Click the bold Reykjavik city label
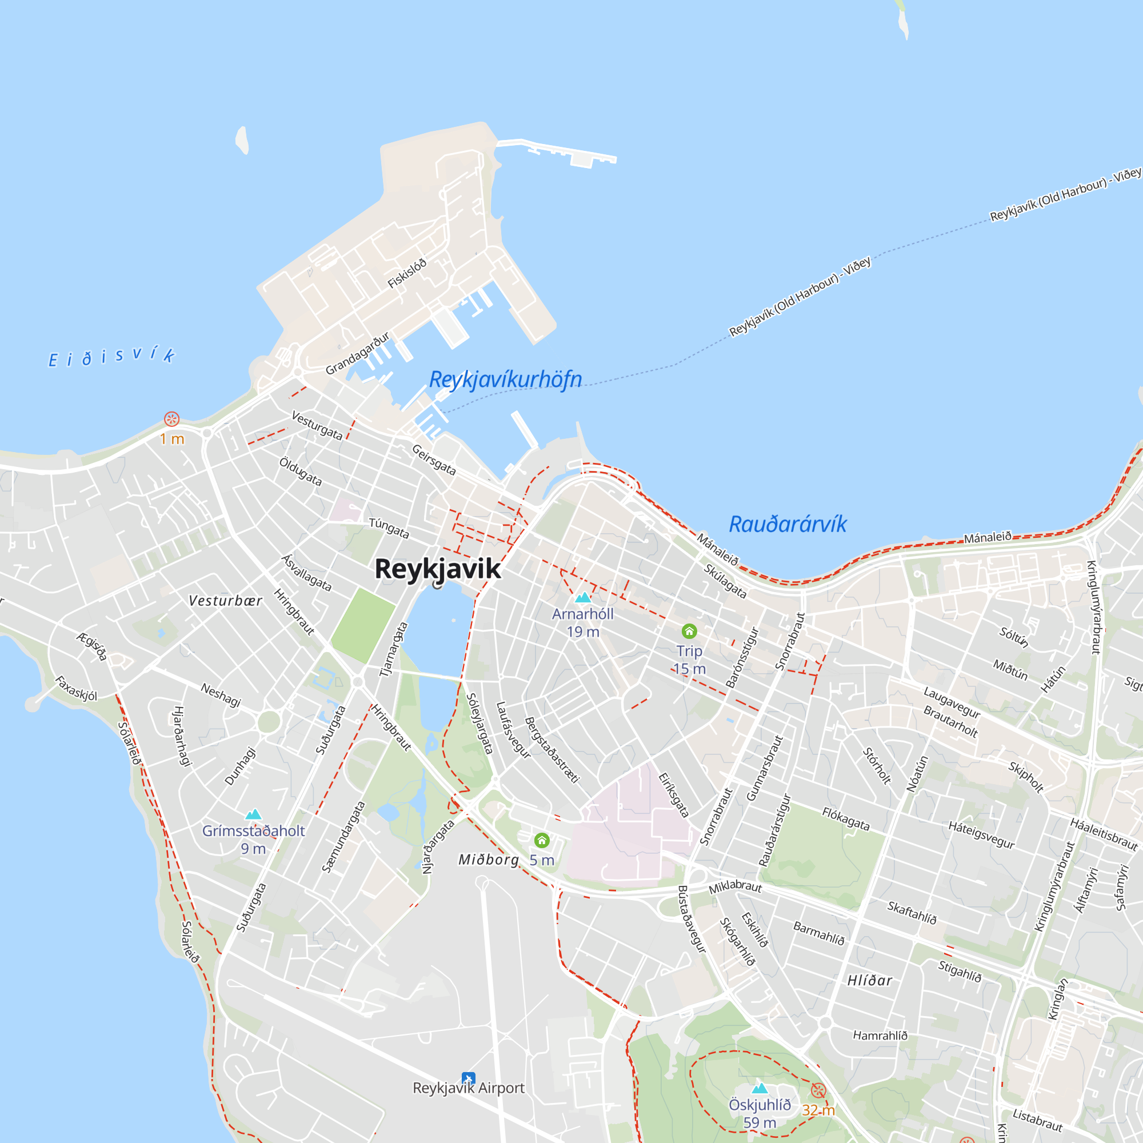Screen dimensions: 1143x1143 (x=438, y=569)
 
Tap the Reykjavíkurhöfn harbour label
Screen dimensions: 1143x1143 (x=505, y=379)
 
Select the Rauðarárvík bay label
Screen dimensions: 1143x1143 (x=788, y=524)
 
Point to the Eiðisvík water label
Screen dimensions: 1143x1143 (x=111, y=357)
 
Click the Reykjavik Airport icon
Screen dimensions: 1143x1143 (x=468, y=1078)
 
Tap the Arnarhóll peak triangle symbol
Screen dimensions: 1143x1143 (x=584, y=598)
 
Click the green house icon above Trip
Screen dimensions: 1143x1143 (x=689, y=632)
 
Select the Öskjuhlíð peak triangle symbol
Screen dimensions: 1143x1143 (x=760, y=1088)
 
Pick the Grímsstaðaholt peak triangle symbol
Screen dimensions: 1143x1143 (x=253, y=814)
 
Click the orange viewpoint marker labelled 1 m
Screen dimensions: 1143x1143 (x=171, y=419)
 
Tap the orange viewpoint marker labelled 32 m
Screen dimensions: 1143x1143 (x=818, y=1090)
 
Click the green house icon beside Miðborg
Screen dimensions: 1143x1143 (x=542, y=840)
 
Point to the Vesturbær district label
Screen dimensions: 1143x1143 (x=225, y=601)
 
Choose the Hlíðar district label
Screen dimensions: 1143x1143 (x=870, y=981)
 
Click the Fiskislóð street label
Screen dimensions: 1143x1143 (x=407, y=273)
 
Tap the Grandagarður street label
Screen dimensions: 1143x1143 (x=357, y=354)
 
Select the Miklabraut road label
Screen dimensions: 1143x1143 (x=736, y=886)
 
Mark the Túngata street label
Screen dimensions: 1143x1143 (x=389, y=527)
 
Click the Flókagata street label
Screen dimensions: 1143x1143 (x=846, y=820)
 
